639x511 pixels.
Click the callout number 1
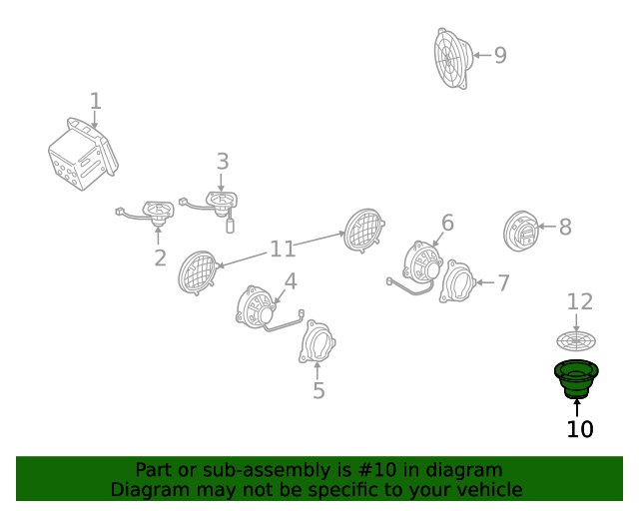click(96, 101)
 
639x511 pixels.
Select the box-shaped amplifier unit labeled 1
click(83, 155)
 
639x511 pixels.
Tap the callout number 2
click(160, 257)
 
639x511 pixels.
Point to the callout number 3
click(223, 162)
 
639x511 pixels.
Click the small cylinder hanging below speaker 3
click(231, 226)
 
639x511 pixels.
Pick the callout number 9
click(500, 55)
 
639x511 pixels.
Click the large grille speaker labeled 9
click(453, 58)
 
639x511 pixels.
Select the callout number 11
click(283, 249)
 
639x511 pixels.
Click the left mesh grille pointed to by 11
click(198, 272)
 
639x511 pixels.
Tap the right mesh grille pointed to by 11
click(363, 231)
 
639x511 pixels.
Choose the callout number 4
click(291, 281)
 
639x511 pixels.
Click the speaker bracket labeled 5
click(318, 341)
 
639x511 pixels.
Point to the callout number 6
click(447, 223)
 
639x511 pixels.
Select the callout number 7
click(504, 282)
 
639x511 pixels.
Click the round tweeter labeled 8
click(521, 232)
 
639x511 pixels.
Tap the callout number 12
click(580, 302)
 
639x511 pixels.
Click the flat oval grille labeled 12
click(576, 340)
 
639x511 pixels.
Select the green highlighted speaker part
click(576, 379)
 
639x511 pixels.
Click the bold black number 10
click(580, 429)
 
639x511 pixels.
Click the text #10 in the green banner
click(377, 470)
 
